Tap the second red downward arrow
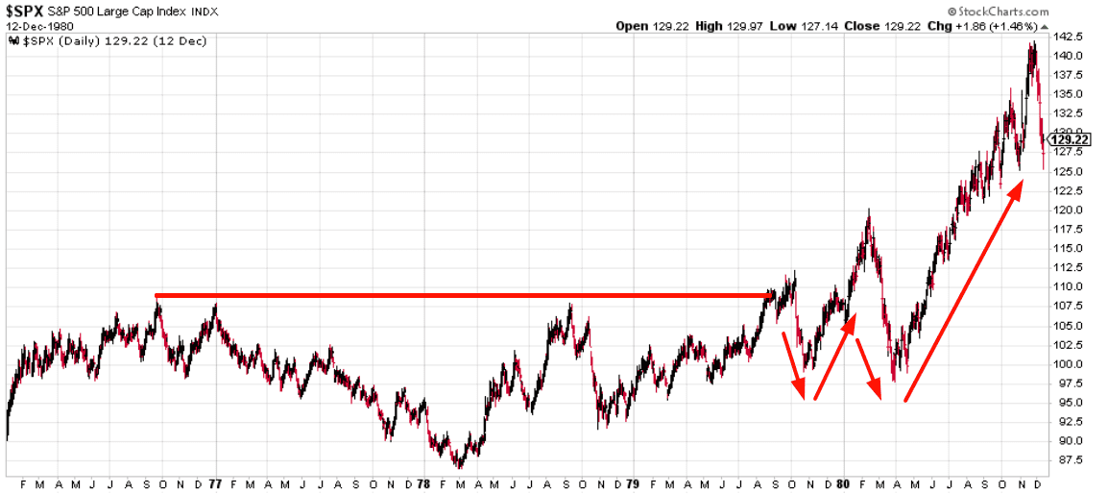coord(868,367)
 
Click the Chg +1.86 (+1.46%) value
coord(999,26)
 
